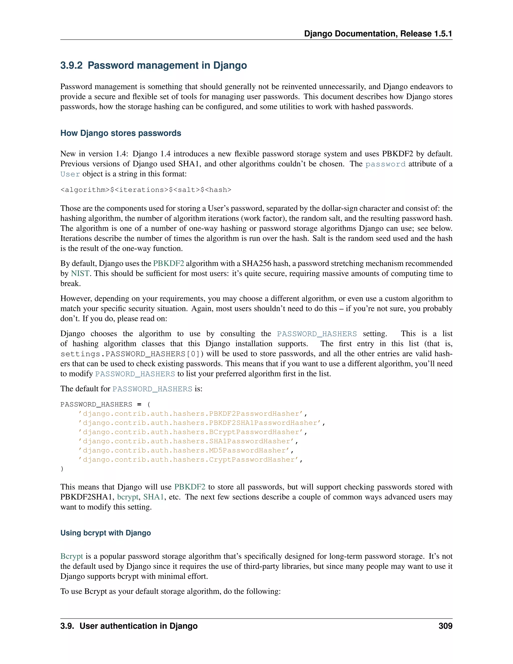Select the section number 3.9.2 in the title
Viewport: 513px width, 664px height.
pos(71,65)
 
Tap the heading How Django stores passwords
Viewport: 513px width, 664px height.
pos(121,133)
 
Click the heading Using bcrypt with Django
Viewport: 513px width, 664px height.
pos(105,533)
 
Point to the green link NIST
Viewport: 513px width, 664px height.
pos(80,273)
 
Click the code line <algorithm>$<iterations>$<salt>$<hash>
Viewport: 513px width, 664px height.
pos(146,190)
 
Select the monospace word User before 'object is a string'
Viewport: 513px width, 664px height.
pos(70,174)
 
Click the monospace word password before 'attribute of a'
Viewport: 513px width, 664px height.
pos(385,164)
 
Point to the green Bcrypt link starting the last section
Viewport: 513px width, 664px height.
pos(72,556)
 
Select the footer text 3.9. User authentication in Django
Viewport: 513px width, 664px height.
pos(129,626)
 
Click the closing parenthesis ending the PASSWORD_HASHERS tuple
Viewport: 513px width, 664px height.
pos(62,469)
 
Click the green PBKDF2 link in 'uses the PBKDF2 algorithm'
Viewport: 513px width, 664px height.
pos(168,263)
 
